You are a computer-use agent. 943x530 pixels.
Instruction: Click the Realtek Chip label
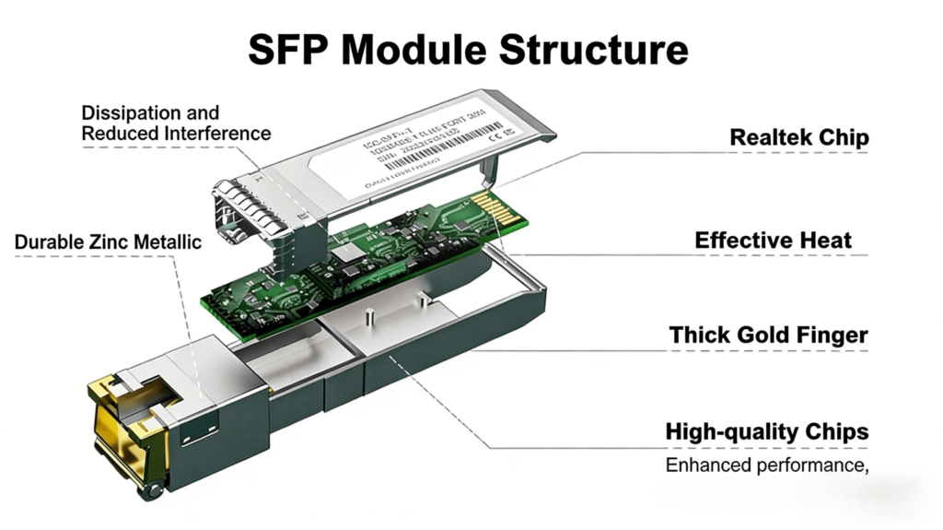pyautogui.click(x=798, y=137)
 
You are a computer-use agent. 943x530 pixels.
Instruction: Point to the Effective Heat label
pyautogui.click(x=773, y=241)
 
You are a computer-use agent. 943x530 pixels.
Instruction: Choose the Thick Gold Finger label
pyautogui.click(x=768, y=335)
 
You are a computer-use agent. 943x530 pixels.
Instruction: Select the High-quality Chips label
pyautogui.click(x=766, y=431)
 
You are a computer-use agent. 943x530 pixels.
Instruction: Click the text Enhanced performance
pyautogui.click(x=766, y=465)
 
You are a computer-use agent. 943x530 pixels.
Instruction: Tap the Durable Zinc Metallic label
pyautogui.click(x=108, y=242)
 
